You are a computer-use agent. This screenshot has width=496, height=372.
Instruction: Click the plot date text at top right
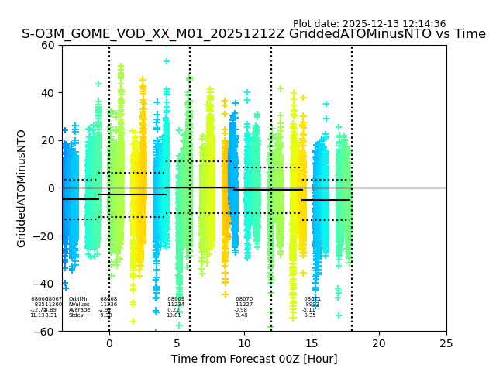[x=369, y=24]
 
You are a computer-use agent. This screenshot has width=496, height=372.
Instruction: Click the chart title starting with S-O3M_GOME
[x=253, y=34]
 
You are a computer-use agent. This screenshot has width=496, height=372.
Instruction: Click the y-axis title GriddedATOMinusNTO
[x=22, y=188]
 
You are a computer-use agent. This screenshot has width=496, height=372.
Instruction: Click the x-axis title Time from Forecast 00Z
[x=254, y=359]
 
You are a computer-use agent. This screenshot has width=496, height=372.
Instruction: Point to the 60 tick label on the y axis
[x=48, y=45]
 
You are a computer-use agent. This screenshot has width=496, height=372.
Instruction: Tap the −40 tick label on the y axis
[x=45, y=284]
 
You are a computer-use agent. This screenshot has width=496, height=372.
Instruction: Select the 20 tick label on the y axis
[x=48, y=140]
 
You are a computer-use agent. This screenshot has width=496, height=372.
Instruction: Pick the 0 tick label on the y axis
[x=51, y=188]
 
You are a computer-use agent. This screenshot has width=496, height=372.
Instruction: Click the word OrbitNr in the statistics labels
[x=78, y=299]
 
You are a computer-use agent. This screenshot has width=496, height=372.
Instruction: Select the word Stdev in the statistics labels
[x=76, y=315]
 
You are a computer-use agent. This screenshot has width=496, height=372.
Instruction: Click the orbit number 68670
[x=244, y=299]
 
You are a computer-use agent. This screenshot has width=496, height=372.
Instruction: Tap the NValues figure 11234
[x=176, y=305]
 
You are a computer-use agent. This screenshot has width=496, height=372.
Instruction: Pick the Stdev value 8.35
[x=309, y=315]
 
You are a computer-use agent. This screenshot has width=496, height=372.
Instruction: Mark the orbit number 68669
[x=176, y=299]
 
